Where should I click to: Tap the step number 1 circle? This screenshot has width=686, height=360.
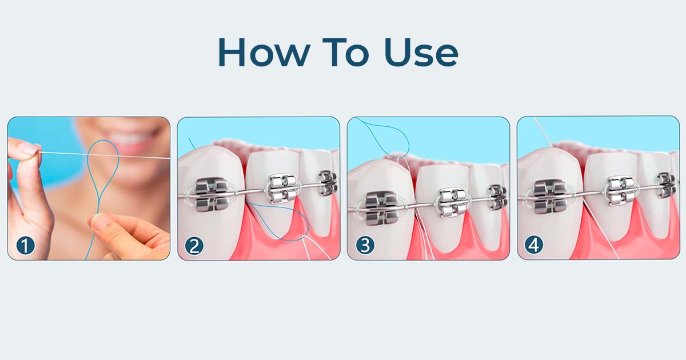(x=25, y=246)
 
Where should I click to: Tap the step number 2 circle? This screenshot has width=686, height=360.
(x=194, y=246)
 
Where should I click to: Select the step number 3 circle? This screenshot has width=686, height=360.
(x=365, y=246)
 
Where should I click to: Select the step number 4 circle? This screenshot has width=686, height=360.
(x=534, y=246)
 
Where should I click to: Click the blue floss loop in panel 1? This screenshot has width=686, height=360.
(x=102, y=171)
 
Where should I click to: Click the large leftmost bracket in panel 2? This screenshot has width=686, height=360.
(x=209, y=195)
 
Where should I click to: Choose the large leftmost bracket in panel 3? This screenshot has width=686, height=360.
(x=381, y=207)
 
